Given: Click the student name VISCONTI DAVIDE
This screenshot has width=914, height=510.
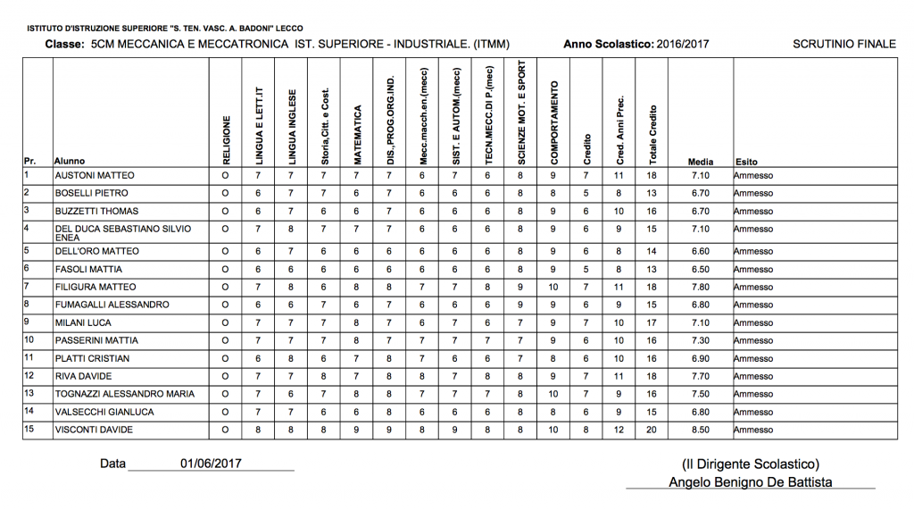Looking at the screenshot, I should click(x=94, y=431).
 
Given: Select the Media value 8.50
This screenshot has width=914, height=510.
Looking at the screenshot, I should click(x=701, y=431).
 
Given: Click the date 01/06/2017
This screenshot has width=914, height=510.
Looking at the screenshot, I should click(x=211, y=464).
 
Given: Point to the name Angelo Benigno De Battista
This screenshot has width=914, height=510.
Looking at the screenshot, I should click(x=750, y=482).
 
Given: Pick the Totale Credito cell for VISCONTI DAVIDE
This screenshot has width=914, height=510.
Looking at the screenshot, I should click(x=652, y=431).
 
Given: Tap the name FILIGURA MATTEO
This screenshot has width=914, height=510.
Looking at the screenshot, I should click(x=96, y=288).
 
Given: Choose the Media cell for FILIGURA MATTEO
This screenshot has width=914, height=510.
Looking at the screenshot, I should click(x=701, y=288).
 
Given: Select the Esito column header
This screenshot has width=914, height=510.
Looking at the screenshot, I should click(x=746, y=162).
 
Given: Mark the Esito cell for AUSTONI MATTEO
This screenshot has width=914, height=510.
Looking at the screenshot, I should click(x=753, y=176).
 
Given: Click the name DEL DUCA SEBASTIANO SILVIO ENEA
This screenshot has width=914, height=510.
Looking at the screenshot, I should click(x=123, y=233).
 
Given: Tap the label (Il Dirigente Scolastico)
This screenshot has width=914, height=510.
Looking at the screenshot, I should click(x=750, y=464).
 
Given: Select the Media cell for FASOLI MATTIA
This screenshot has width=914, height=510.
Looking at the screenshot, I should click(x=701, y=269).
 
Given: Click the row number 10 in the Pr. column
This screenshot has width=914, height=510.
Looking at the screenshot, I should click(x=29, y=339).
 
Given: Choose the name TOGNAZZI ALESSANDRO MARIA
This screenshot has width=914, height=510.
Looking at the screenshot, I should click(x=124, y=393).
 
